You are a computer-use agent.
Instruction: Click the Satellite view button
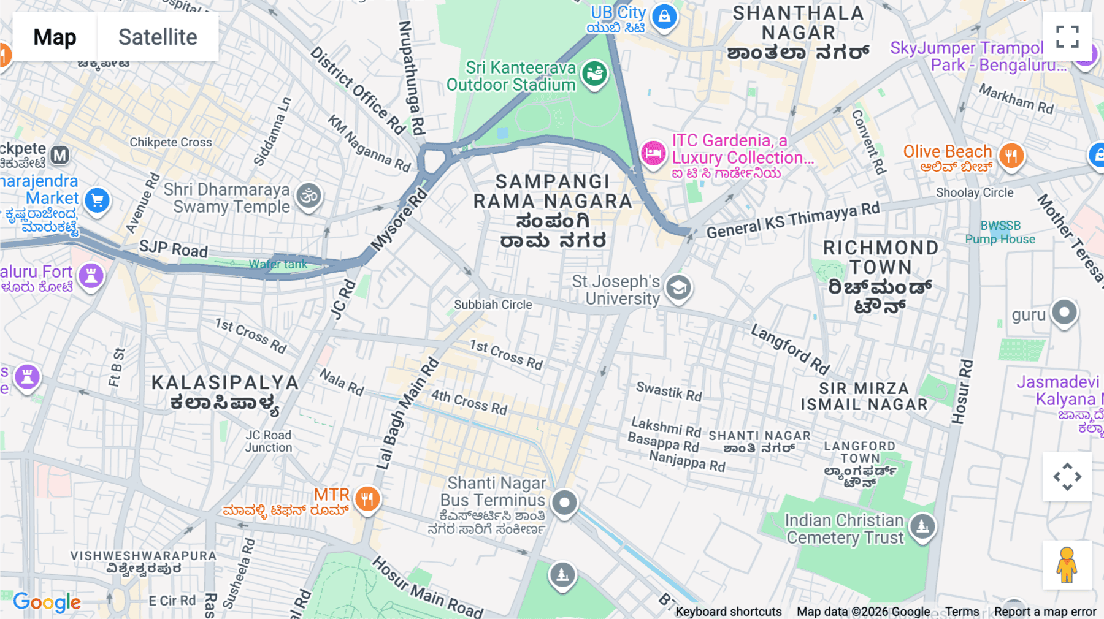click(158, 37)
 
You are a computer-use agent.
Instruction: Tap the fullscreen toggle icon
click(1067, 37)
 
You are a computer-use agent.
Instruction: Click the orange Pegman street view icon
click(1067, 565)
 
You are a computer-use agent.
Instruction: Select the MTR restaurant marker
click(367, 499)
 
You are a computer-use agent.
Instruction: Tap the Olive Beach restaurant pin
click(1011, 156)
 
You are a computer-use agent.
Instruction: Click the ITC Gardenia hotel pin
click(653, 153)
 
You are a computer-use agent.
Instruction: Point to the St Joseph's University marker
click(678, 287)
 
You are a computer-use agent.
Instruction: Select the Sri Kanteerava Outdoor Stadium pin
click(594, 74)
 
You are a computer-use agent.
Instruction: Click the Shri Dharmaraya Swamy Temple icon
click(309, 196)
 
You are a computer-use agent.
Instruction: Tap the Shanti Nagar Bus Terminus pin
click(564, 503)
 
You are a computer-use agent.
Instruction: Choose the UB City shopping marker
click(664, 17)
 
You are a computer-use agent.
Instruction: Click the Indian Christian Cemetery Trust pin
click(922, 526)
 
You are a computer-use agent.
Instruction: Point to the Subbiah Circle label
click(493, 305)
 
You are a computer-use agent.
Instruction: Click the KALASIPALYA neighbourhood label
click(225, 382)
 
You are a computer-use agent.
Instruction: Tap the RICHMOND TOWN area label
click(880, 257)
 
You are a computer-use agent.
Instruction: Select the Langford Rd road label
click(790, 349)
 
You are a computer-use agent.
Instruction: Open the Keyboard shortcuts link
click(728, 612)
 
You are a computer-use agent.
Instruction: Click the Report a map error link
click(1045, 612)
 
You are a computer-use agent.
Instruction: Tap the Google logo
click(47, 602)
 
